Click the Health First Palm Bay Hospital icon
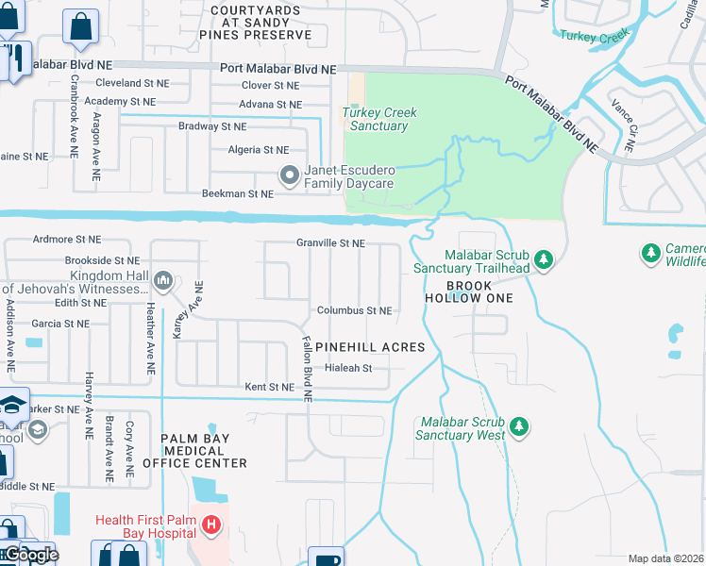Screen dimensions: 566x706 [212, 525]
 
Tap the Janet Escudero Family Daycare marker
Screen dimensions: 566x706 [290, 175]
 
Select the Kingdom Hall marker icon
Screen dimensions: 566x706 [163, 280]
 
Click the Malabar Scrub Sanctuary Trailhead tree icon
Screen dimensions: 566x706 [543, 258]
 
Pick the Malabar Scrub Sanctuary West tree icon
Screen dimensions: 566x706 [518, 427]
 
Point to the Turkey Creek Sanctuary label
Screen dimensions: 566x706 [378, 119]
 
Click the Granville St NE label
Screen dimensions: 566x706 [330, 243]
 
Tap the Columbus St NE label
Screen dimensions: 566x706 [354, 310]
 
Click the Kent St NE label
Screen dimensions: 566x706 [270, 387]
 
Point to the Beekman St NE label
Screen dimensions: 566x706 [238, 193]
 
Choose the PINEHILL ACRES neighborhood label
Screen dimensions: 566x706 [370, 347]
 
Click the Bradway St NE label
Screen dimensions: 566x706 [212, 125]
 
